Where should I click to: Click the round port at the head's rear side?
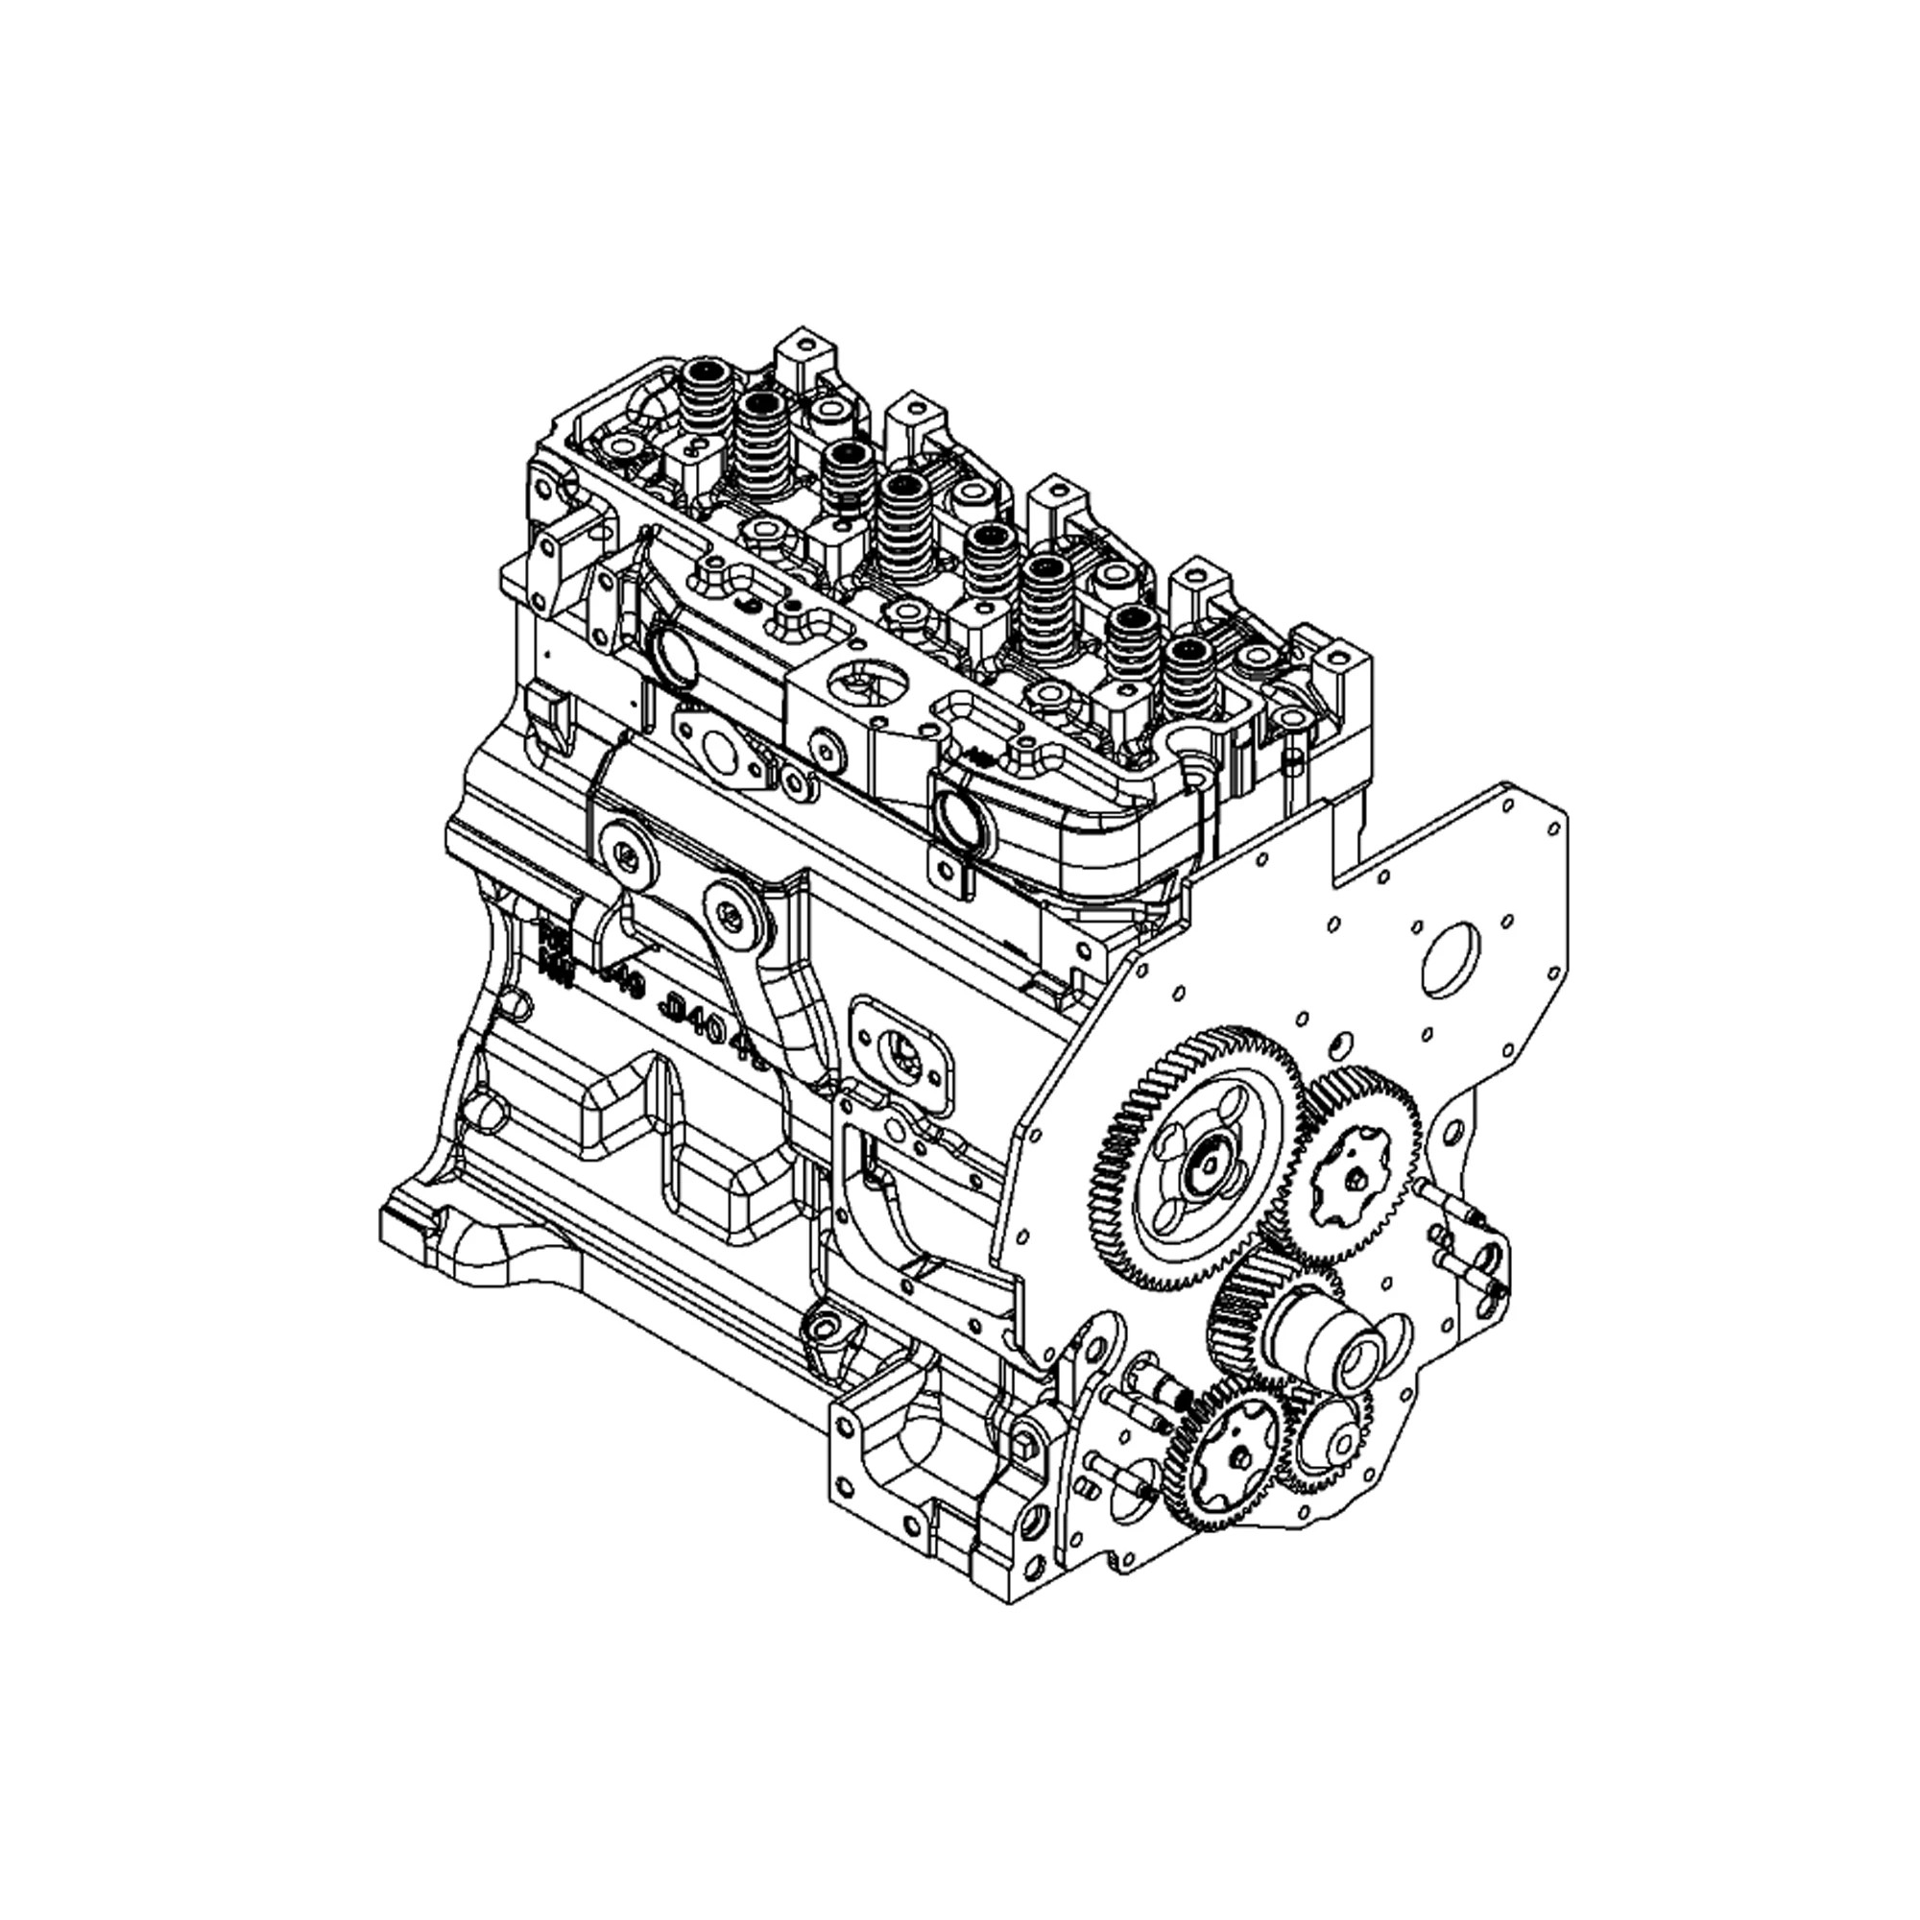click(673, 657)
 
